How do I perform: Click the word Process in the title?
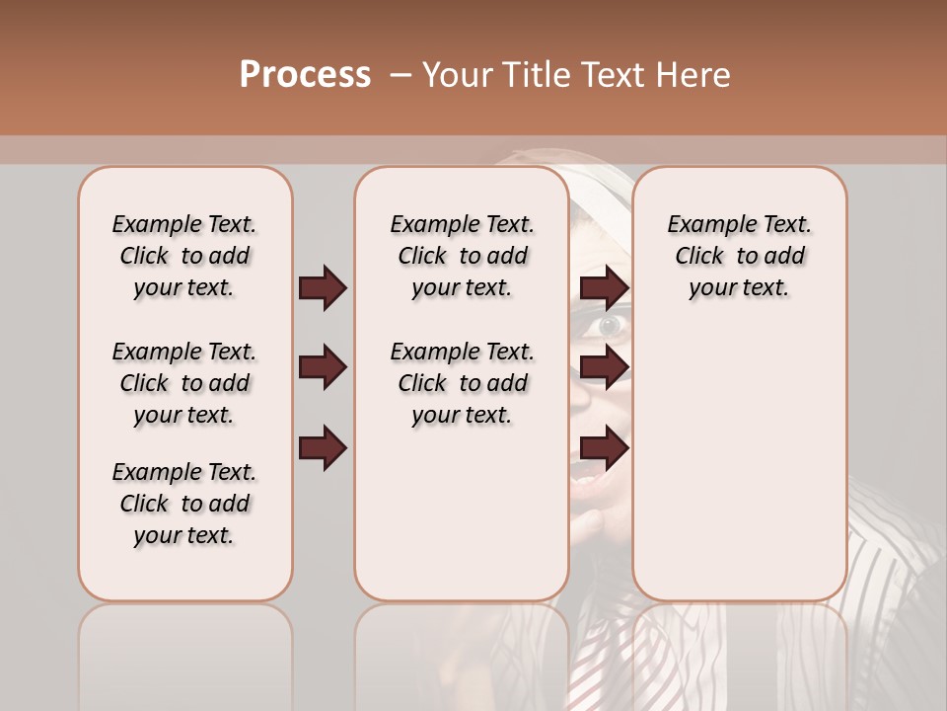tap(305, 75)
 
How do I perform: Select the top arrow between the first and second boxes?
tap(323, 288)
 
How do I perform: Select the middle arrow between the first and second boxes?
tap(323, 368)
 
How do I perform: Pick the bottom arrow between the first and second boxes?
tap(323, 448)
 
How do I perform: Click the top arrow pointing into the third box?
tap(604, 288)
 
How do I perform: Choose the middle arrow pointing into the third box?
tap(604, 368)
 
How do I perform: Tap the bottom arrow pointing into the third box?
tap(604, 448)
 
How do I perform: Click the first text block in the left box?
tap(184, 256)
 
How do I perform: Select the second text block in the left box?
tap(184, 383)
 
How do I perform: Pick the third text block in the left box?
tap(184, 504)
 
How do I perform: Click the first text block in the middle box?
tap(462, 256)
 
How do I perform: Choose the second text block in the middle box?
tap(462, 383)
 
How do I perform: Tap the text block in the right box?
tap(739, 256)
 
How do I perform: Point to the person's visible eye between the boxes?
tap(609, 324)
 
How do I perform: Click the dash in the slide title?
tap(401, 75)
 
